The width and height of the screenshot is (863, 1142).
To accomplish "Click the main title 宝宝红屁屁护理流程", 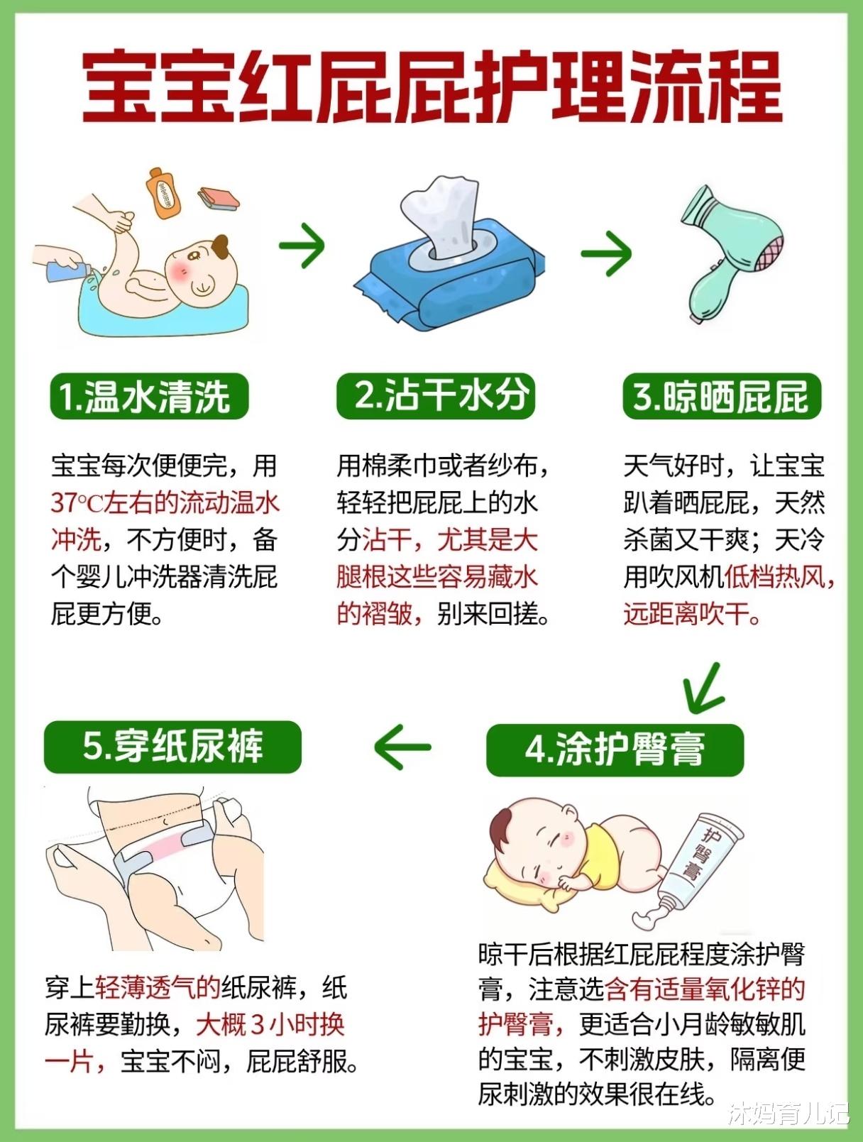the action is (x=431, y=87).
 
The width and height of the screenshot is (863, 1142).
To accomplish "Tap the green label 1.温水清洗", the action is (x=149, y=396).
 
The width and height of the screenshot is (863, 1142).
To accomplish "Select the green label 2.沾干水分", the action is (x=436, y=396).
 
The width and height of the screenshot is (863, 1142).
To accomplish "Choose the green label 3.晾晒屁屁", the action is (x=722, y=396).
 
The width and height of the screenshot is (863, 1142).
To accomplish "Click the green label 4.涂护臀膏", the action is (x=615, y=750).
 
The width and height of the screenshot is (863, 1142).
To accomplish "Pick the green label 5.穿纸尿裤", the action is (x=172, y=747).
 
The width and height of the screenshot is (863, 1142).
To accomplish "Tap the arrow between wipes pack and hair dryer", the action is (x=606, y=254).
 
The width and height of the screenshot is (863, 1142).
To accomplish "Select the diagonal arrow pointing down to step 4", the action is (x=703, y=688).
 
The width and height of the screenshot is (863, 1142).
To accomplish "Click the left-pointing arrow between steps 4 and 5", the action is (x=402, y=747).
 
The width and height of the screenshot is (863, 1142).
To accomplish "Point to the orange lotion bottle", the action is (x=163, y=192).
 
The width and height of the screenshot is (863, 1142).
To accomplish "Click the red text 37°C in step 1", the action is (x=77, y=504).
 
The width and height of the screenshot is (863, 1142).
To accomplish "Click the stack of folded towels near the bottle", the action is (x=219, y=199).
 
